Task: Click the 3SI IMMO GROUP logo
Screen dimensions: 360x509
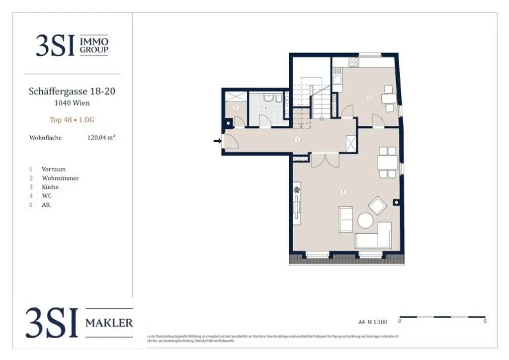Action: pyautogui.click(x=72, y=45)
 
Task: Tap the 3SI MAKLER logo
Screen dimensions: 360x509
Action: pyautogui.click(x=80, y=323)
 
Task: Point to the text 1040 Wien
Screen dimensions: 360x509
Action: pyautogui.click(x=72, y=103)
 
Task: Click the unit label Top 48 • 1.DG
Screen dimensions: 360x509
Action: pyautogui.click(x=73, y=120)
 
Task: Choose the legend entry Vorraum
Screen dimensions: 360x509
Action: pyautogui.click(x=54, y=169)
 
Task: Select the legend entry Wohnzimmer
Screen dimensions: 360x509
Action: pyautogui.click(x=60, y=178)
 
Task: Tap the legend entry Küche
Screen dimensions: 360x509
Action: pyautogui.click(x=50, y=187)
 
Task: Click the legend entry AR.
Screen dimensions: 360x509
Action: pyautogui.click(x=46, y=205)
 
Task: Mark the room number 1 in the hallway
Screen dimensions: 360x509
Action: pyautogui.click(x=297, y=139)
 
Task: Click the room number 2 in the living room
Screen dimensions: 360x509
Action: pyautogui.click(x=342, y=192)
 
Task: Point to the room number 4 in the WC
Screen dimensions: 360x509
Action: pyautogui.click(x=265, y=107)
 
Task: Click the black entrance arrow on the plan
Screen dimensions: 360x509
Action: pyautogui.click(x=217, y=141)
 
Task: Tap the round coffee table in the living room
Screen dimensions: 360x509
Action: pyautogui.click(x=366, y=220)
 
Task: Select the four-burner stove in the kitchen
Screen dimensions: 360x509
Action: pyautogui.click(x=353, y=63)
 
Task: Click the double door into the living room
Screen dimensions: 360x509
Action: pyautogui.click(x=325, y=161)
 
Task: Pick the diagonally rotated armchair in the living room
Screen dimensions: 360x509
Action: pyautogui.click(x=377, y=205)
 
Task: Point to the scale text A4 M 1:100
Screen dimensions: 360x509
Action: pyautogui.click(x=373, y=321)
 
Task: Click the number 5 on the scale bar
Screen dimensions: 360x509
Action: pyautogui.click(x=485, y=321)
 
